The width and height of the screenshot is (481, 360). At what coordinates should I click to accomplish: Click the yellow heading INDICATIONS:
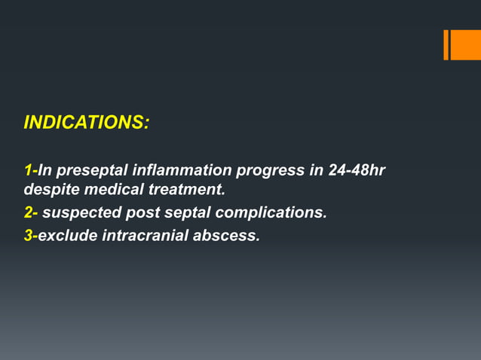coord(86,123)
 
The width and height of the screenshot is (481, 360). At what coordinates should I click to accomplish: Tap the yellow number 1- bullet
coord(30,170)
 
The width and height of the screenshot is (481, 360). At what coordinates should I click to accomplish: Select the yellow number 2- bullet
coord(31,213)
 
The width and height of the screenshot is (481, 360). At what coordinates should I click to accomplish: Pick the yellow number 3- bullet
coord(30,236)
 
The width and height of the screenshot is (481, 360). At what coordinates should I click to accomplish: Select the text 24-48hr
coord(357,170)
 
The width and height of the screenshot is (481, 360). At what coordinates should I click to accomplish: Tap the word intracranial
coord(144,236)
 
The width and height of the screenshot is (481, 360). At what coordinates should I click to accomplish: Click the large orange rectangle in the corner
coord(466,44)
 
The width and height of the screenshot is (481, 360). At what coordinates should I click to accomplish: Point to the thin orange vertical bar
coord(446,44)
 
